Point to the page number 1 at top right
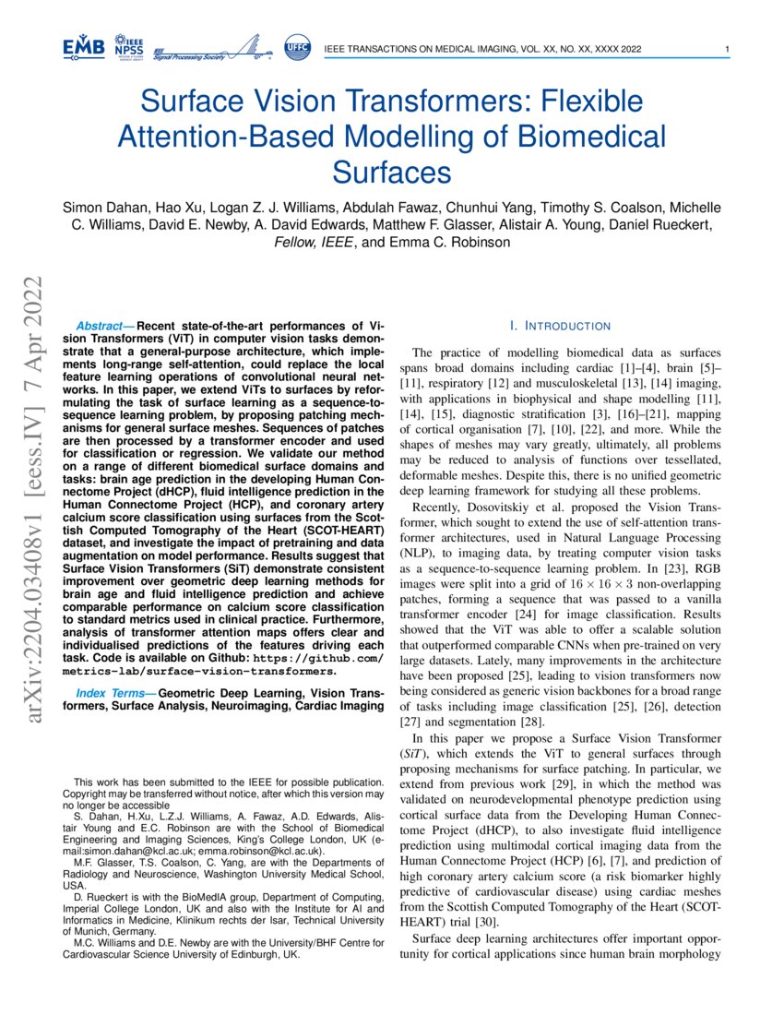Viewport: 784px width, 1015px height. click(728, 48)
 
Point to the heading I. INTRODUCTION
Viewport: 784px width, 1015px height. click(560, 326)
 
